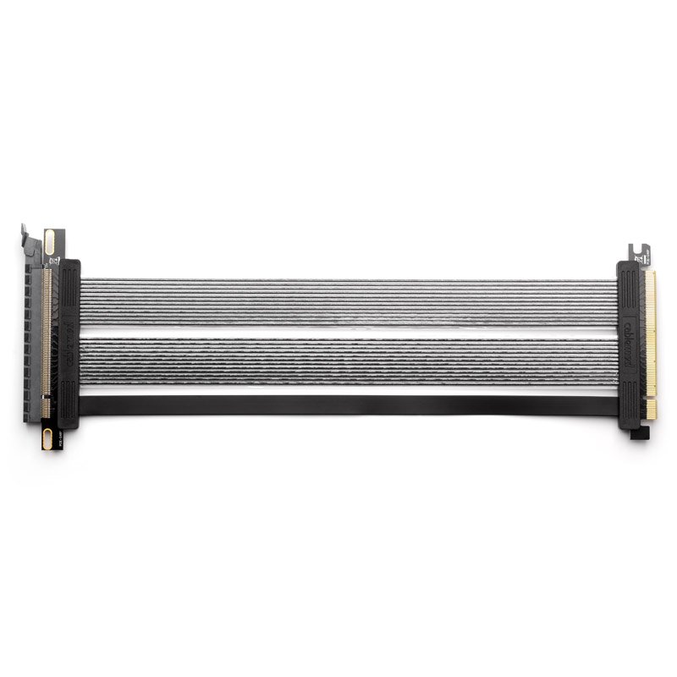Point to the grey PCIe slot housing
coord(34,338)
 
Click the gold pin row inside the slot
coord(47,338)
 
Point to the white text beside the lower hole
coord(59,437)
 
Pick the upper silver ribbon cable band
coord(347,303)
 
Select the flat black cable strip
coord(347,405)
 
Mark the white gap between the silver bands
coord(347,333)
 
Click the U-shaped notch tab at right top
coord(639,251)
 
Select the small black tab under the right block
coord(641,433)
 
